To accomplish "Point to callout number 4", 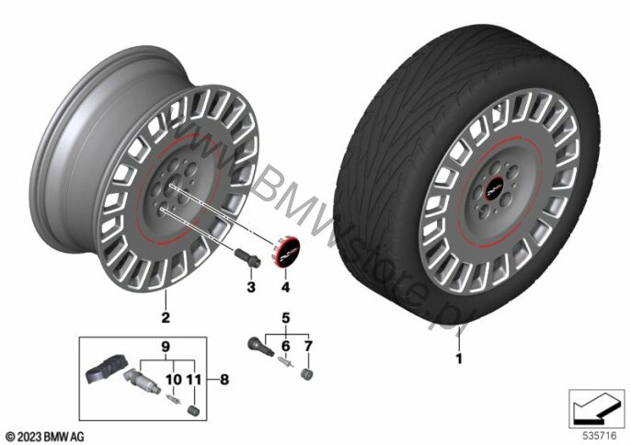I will (286, 289).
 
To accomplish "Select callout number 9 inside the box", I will (166, 347).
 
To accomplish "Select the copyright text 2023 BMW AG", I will (45, 434).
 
